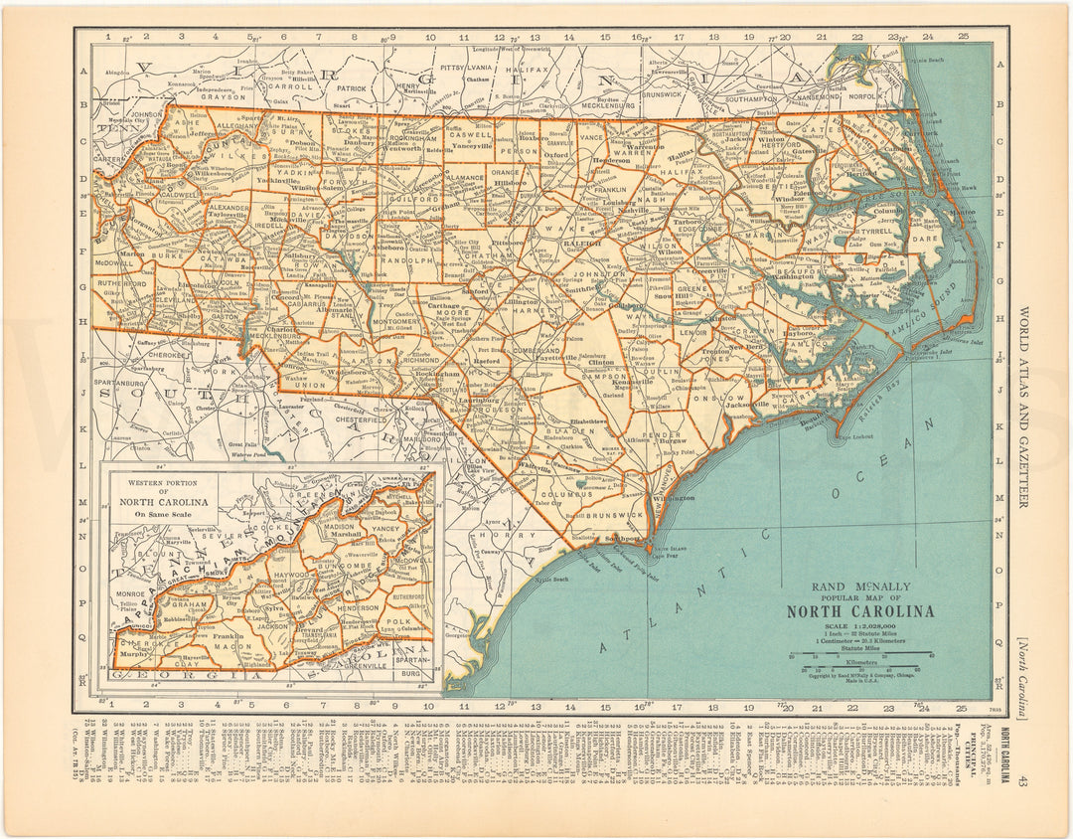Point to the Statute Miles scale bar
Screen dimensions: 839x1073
tap(860, 654)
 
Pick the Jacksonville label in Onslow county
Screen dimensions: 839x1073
tap(751, 405)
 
